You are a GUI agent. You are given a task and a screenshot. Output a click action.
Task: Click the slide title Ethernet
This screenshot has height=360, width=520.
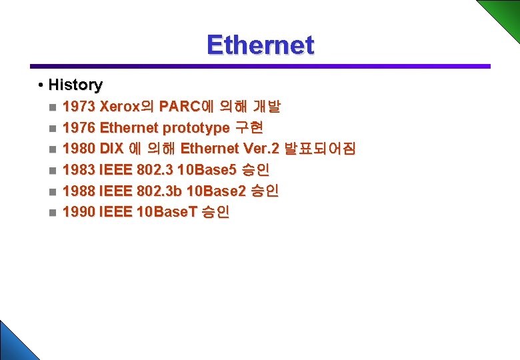pyautogui.click(x=260, y=45)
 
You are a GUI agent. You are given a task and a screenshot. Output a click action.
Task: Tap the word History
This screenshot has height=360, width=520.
pyautogui.click(x=75, y=85)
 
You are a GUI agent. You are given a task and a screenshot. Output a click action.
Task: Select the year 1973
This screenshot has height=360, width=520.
pyautogui.click(x=79, y=106)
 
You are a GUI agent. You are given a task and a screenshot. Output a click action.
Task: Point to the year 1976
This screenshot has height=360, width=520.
pyautogui.click(x=79, y=127)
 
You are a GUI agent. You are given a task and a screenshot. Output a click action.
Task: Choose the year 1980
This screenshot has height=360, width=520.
pyautogui.click(x=79, y=149)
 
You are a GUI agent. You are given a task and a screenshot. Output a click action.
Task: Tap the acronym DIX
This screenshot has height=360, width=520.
pyautogui.click(x=112, y=149)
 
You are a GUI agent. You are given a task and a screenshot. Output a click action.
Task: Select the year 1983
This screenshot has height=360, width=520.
pyautogui.click(x=79, y=170)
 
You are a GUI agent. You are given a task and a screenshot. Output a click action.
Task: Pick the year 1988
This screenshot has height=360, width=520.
pyautogui.click(x=79, y=191)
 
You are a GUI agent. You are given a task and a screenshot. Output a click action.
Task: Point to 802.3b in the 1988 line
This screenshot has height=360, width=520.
pyautogui.click(x=159, y=191)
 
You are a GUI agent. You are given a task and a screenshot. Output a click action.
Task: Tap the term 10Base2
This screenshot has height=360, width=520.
pyautogui.click(x=216, y=191)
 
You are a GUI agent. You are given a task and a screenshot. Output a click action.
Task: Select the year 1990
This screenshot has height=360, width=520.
pyautogui.click(x=79, y=213)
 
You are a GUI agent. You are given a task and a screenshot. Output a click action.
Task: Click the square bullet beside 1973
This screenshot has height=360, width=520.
pyautogui.click(x=53, y=107)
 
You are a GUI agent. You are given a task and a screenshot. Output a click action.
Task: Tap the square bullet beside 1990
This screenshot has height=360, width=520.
pyautogui.click(x=53, y=213)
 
